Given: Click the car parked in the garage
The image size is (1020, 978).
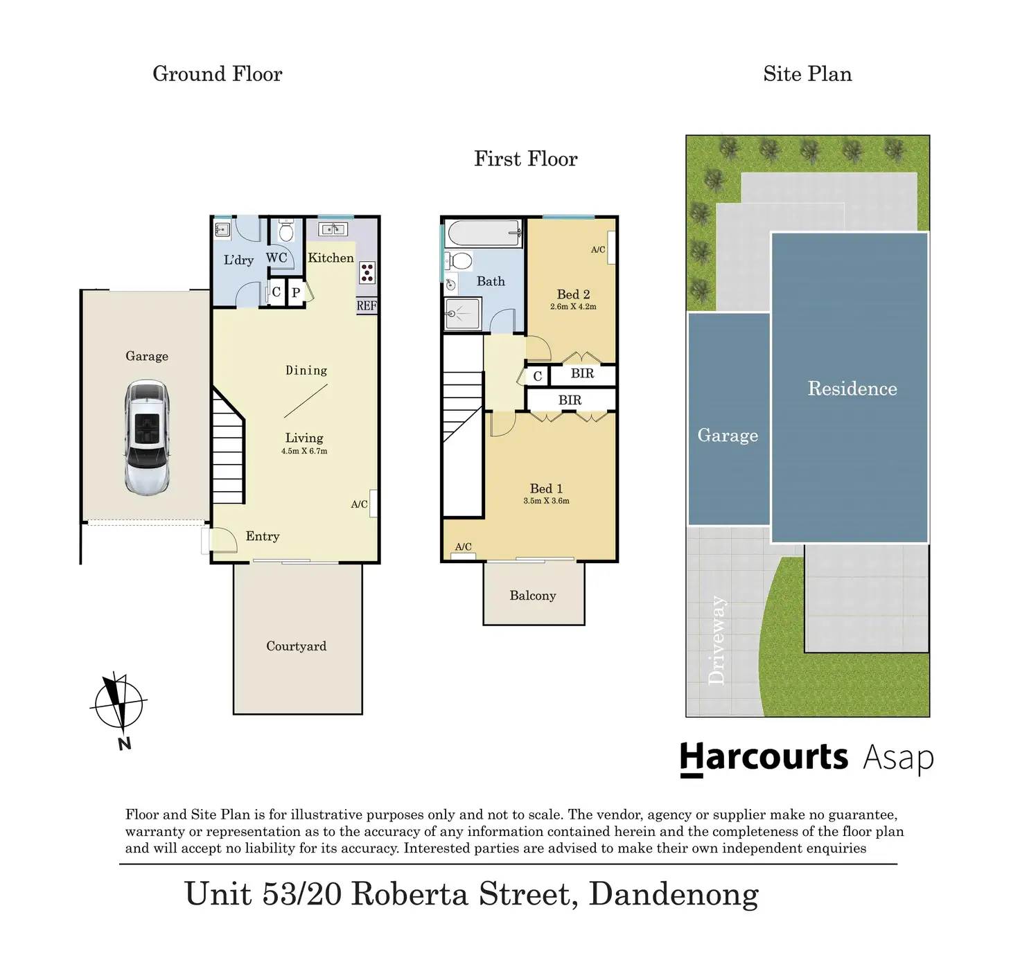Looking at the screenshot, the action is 147,437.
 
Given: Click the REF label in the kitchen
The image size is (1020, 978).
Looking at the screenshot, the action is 367,305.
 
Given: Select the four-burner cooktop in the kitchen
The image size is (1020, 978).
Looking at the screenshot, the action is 367,273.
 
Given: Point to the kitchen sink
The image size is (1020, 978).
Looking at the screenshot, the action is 333,229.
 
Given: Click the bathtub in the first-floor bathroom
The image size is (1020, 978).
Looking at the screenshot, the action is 484,233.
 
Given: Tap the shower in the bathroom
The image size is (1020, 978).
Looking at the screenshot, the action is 462,314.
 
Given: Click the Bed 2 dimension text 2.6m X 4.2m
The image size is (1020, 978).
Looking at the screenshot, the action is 573,306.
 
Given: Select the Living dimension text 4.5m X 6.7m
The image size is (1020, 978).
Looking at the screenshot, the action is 304,451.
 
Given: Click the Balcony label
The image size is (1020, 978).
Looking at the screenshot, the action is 533,596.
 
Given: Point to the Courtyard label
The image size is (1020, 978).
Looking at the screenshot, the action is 296,646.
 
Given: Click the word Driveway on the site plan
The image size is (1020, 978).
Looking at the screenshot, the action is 716,640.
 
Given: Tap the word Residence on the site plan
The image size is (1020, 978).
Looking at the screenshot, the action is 852,389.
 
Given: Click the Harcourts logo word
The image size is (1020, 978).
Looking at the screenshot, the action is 764,757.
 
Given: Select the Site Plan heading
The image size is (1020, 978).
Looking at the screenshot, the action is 807,74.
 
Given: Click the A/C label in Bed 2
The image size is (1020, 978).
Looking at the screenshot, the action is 598,249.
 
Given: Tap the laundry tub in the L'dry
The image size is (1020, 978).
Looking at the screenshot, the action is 222,229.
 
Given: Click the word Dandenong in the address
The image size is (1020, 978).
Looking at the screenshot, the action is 674,894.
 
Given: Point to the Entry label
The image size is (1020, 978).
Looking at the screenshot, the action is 263,536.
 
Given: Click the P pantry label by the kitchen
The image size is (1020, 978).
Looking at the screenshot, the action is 296,293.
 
